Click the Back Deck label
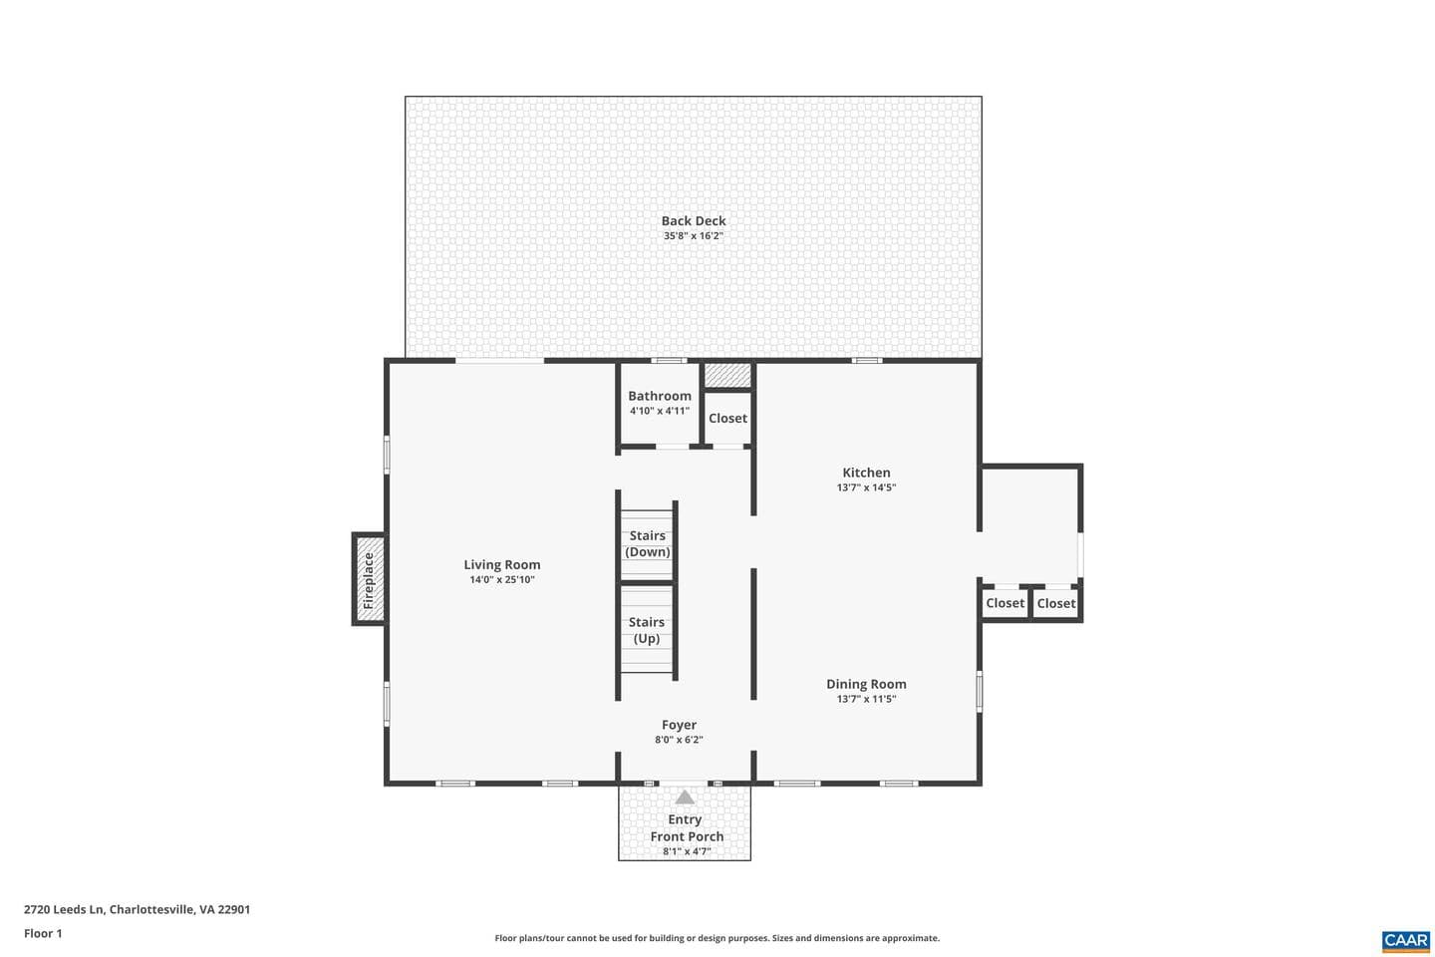tap(694, 220)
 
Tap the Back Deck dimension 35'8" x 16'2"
tap(694, 236)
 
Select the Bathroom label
tap(660, 396)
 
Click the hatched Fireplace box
tap(370, 579)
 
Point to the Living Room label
tap(501, 564)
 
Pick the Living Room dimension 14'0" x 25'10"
tap(501, 579)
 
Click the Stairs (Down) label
tap(647, 543)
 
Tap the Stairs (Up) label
tap(647, 630)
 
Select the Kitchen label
tap(866, 473)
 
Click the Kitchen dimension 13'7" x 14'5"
tap(866, 487)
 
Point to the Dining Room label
tap(866, 684)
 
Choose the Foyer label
tap(679, 725)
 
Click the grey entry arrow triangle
tap(685, 797)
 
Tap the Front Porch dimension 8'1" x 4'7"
tap(687, 851)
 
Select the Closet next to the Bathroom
tap(727, 418)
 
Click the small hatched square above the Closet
tap(727, 375)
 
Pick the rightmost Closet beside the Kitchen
tap(1055, 603)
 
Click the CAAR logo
tap(1405, 940)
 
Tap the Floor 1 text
tap(43, 933)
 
